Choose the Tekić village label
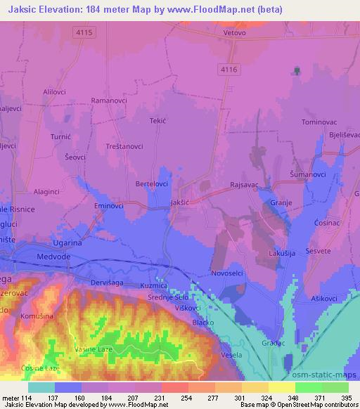click(157, 121)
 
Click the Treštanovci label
click(124, 146)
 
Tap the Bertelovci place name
click(151, 183)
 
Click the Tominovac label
click(320, 122)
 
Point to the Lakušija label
click(281, 252)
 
